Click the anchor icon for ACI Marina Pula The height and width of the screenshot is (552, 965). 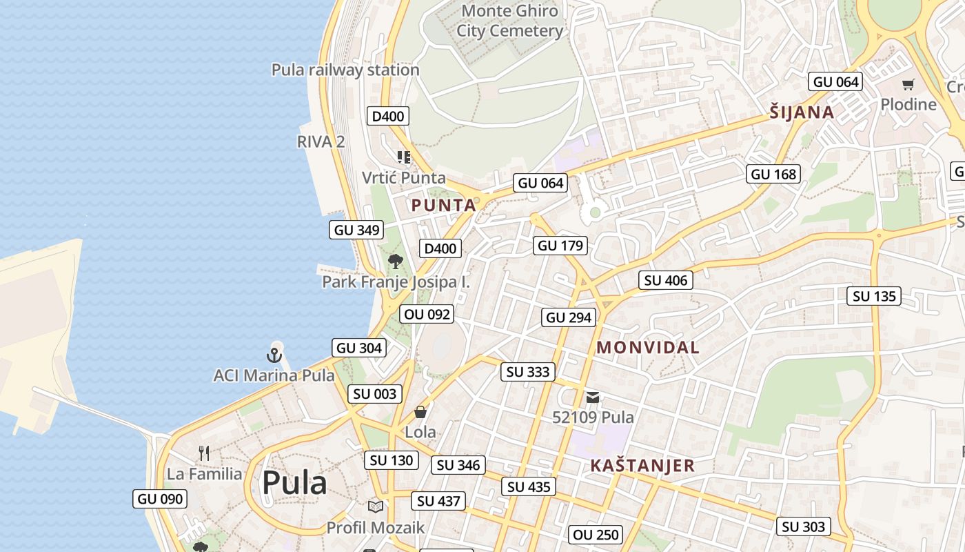[x=274, y=355]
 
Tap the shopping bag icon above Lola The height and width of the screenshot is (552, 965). [x=420, y=412]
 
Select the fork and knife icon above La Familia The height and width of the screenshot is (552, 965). [x=203, y=453]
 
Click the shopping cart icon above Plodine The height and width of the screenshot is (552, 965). [x=908, y=85]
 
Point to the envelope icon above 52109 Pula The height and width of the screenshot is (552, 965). [x=593, y=397]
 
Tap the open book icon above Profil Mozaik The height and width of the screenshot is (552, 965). [x=375, y=506]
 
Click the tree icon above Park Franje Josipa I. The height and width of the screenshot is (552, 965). [x=395, y=261]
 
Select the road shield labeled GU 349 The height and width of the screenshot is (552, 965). [x=357, y=230]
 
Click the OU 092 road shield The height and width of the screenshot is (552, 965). [x=427, y=315]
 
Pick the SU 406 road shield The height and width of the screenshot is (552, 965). [x=665, y=280]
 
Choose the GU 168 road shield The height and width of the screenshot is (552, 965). [x=773, y=174]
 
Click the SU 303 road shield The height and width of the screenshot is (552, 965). [x=804, y=526]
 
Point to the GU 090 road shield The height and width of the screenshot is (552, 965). [x=160, y=499]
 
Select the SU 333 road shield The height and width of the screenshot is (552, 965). [x=528, y=372]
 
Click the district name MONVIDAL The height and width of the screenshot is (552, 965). [x=648, y=347]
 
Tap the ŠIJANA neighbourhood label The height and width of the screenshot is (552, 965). [x=802, y=112]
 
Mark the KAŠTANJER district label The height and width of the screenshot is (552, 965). [x=642, y=466]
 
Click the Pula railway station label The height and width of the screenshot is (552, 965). [x=345, y=70]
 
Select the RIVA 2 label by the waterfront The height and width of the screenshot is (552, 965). [x=321, y=141]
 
